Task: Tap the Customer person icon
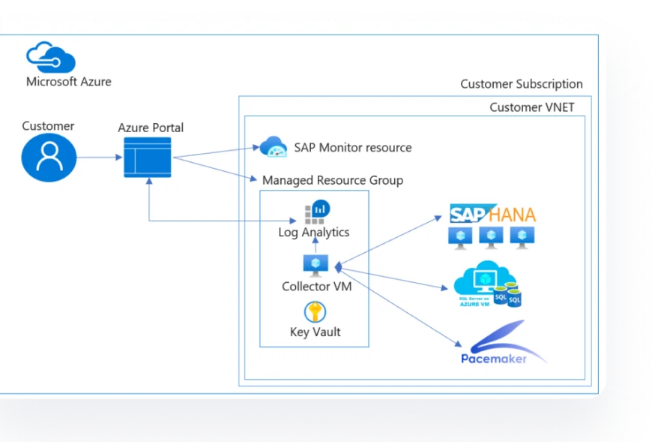click(x=49, y=158)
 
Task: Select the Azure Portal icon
click(x=148, y=158)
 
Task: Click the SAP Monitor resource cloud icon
click(x=273, y=146)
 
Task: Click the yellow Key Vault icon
click(x=315, y=311)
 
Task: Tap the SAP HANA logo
click(x=492, y=215)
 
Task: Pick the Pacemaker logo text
click(x=494, y=359)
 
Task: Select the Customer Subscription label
click(x=521, y=84)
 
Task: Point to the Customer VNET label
click(x=531, y=107)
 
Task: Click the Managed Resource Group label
click(x=332, y=180)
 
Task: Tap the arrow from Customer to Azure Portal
click(x=100, y=158)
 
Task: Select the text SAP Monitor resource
click(x=352, y=147)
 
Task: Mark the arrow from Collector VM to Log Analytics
click(x=316, y=247)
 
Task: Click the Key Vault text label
click(x=315, y=332)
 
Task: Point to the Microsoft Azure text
click(x=68, y=82)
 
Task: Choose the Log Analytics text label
click(x=314, y=232)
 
